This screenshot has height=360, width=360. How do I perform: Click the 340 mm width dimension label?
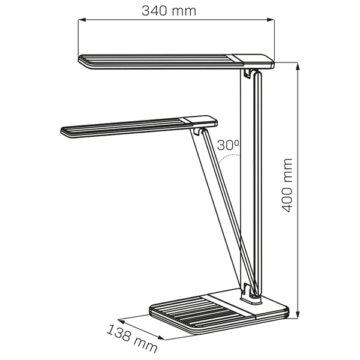tap(169, 11)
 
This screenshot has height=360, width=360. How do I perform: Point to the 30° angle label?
tap(228, 145)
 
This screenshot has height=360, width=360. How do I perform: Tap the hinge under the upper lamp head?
tap(251, 74)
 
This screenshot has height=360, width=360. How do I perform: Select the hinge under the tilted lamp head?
tap(199, 131)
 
